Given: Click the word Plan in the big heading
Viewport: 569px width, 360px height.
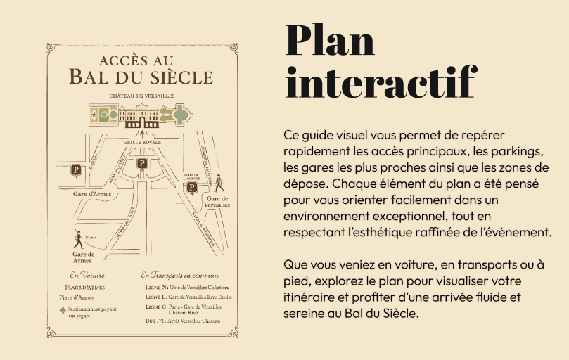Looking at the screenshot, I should point(330,41).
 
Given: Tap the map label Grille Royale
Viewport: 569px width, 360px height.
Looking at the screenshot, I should point(142,142).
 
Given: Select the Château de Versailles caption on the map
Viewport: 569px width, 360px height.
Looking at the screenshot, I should point(141,95).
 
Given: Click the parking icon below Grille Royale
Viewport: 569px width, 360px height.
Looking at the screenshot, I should point(142,163).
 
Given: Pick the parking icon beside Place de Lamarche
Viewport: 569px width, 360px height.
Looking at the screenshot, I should point(191,187).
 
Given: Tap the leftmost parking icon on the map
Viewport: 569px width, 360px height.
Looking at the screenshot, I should point(76,169).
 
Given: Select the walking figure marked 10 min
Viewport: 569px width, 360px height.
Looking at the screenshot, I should point(77,239).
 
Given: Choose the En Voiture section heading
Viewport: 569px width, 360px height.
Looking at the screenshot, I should point(87,275).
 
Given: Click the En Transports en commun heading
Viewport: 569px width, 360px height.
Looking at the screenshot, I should point(180,275).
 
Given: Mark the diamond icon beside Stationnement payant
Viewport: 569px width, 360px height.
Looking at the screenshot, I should point(63,309).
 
